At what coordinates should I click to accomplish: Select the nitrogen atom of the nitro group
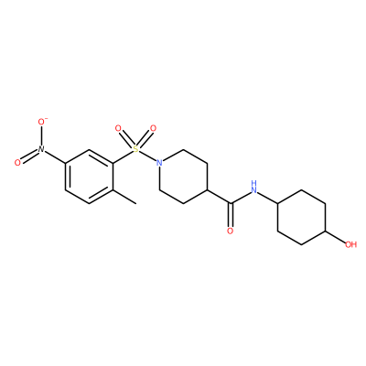(x=41, y=149)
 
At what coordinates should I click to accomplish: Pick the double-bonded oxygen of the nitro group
(x=17, y=163)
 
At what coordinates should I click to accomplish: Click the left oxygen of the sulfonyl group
(x=118, y=128)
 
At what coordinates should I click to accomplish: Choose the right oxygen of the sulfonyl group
(x=153, y=128)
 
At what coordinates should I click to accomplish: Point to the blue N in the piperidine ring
(x=159, y=163)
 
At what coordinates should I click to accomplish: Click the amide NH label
(x=253, y=187)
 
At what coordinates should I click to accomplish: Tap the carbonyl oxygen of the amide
(x=231, y=231)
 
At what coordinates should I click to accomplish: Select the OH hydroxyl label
(x=350, y=244)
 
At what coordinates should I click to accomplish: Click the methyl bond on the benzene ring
(x=124, y=197)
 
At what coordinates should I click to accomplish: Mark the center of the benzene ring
(x=89, y=177)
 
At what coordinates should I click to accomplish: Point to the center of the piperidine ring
(x=183, y=177)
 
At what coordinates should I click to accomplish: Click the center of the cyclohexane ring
(x=302, y=217)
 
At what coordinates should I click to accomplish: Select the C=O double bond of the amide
(x=231, y=215)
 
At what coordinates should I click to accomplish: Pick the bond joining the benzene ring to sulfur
(x=123, y=156)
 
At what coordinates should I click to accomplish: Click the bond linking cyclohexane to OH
(x=335, y=237)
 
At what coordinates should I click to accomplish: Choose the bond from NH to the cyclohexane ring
(x=267, y=198)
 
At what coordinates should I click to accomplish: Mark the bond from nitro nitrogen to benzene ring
(x=55, y=156)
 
